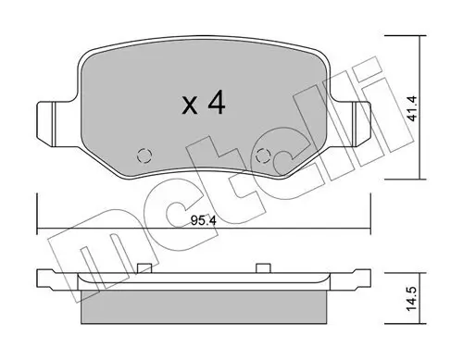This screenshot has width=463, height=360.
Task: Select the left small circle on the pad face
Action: [x=143, y=155]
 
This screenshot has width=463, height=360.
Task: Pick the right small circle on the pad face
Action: [x=263, y=155]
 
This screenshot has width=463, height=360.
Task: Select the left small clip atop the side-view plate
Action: [x=143, y=268]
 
